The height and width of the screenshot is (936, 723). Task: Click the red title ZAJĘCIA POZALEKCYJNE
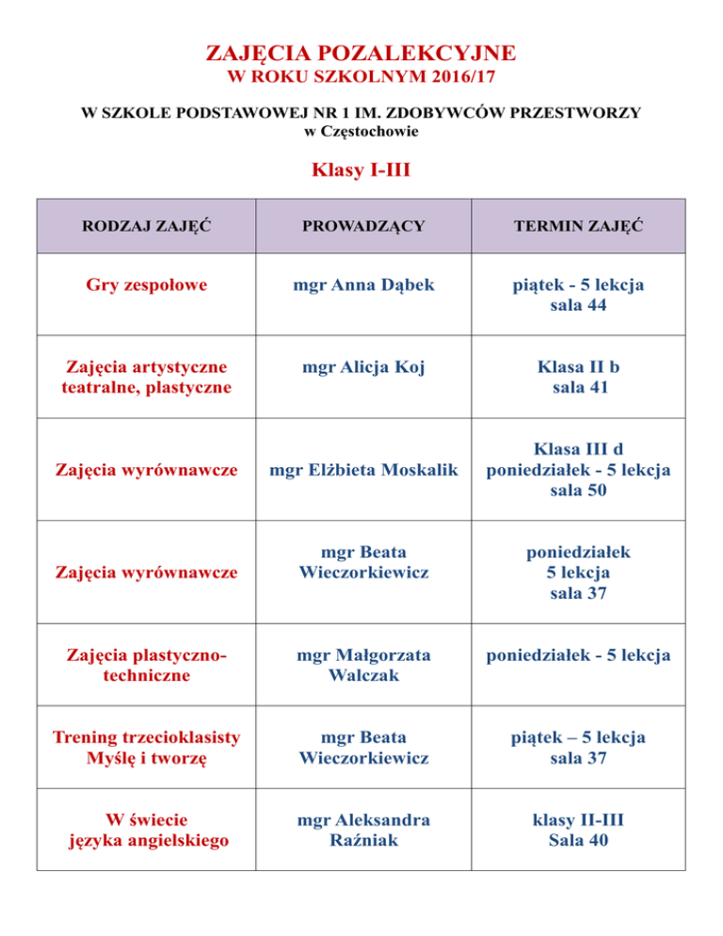(x=361, y=51)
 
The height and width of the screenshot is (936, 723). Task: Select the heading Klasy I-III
(x=361, y=171)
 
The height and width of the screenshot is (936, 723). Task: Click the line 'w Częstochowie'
(x=361, y=132)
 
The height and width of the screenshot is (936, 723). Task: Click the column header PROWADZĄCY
(x=362, y=227)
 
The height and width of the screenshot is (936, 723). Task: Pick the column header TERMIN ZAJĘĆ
(x=578, y=227)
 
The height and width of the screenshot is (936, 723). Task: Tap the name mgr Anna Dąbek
(x=362, y=284)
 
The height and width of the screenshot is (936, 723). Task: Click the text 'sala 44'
(x=578, y=305)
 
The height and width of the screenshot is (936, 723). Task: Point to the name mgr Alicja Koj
(x=362, y=367)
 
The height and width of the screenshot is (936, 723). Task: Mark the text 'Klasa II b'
(x=578, y=367)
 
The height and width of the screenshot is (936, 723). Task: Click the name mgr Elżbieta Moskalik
(x=362, y=470)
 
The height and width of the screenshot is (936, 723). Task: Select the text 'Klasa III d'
(x=578, y=449)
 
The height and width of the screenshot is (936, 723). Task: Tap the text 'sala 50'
(x=578, y=491)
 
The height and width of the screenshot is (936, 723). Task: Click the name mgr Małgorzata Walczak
(x=362, y=665)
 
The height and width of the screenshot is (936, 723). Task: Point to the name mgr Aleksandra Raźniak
(x=362, y=831)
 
